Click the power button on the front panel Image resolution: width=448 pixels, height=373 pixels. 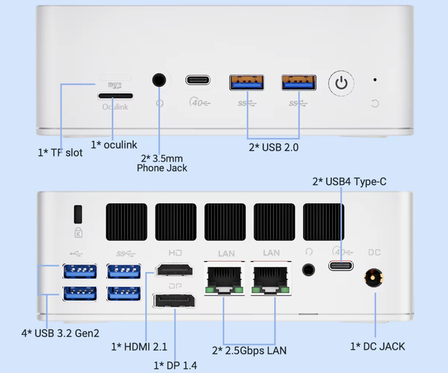point(342,83)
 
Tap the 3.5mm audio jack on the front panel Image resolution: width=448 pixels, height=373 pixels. point(159,80)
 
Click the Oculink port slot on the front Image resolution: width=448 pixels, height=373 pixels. point(115,96)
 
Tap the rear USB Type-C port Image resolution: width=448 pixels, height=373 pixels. point(341,266)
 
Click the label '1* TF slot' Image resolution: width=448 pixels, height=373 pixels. point(60,153)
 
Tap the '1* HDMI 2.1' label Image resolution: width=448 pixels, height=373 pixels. point(139,346)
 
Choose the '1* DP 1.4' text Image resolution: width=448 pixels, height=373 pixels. point(175,365)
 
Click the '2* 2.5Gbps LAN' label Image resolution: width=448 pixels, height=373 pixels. point(249,350)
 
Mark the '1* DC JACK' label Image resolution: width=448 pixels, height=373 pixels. point(378,346)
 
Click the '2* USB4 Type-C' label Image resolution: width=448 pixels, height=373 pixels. point(349,182)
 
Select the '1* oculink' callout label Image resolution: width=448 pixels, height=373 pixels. point(114,145)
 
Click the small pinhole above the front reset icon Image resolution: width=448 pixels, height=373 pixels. point(374,80)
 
